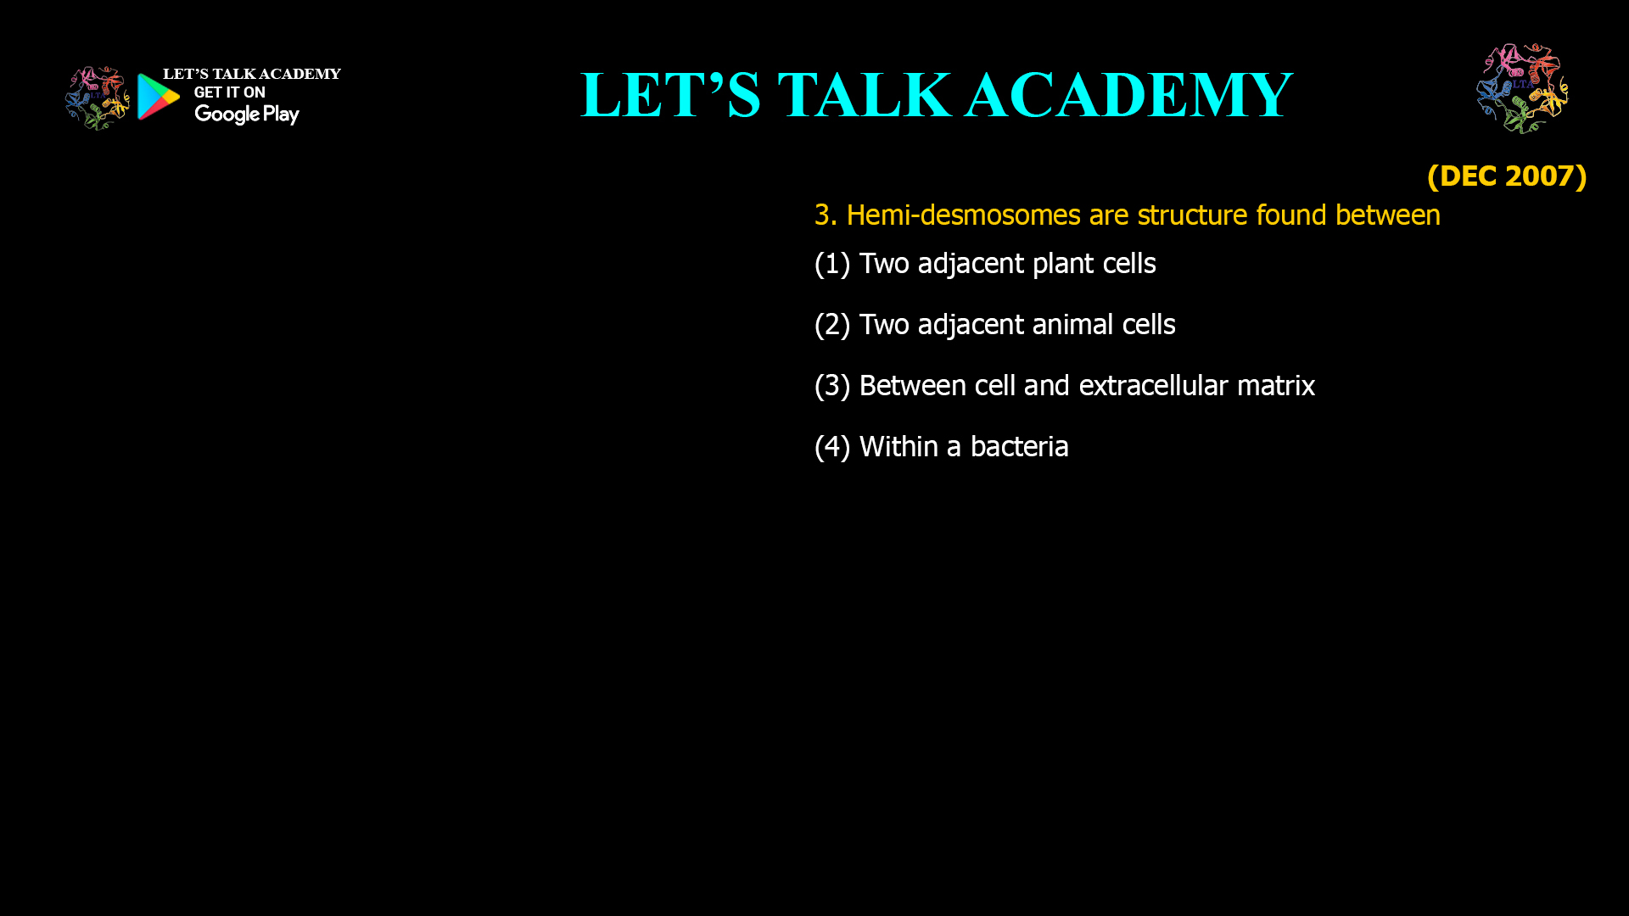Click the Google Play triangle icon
click(x=158, y=97)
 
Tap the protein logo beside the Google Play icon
click(x=97, y=98)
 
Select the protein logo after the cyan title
click(x=1522, y=88)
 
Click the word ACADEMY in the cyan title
click(x=1128, y=95)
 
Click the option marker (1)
click(x=831, y=264)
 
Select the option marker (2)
click(x=831, y=325)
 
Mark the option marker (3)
click(x=831, y=386)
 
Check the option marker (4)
click(x=831, y=447)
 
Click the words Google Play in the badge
click(x=246, y=114)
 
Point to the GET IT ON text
click(x=229, y=92)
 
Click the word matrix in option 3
click(x=1275, y=386)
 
